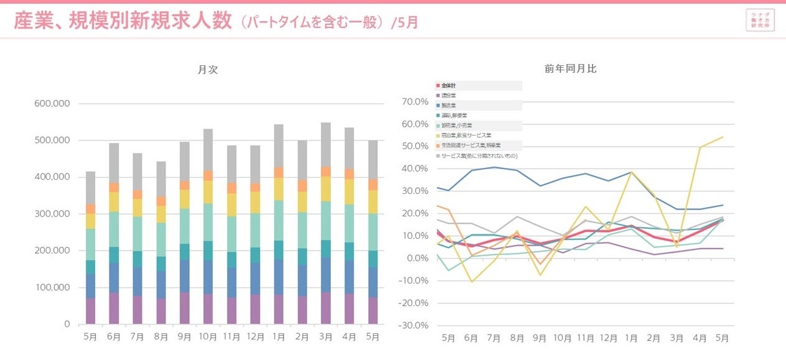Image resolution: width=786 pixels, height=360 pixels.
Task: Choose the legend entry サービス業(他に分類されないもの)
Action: [479, 155]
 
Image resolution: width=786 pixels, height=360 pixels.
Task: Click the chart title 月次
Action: [208, 70]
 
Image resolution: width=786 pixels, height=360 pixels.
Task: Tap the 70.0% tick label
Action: [417, 101]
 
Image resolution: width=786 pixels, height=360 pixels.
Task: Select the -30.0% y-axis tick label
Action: [415, 325]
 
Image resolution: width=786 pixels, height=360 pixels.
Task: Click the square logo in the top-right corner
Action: [760, 20]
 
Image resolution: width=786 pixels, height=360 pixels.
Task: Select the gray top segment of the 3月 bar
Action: [326, 144]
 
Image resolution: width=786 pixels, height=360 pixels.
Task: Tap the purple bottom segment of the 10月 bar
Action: [208, 309]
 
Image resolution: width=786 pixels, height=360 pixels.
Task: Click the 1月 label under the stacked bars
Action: [279, 337]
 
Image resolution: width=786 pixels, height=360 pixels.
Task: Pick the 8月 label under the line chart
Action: [517, 338]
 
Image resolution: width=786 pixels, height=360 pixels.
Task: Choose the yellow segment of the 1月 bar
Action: [279, 188]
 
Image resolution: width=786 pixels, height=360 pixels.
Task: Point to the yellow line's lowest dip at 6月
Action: [471, 282]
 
